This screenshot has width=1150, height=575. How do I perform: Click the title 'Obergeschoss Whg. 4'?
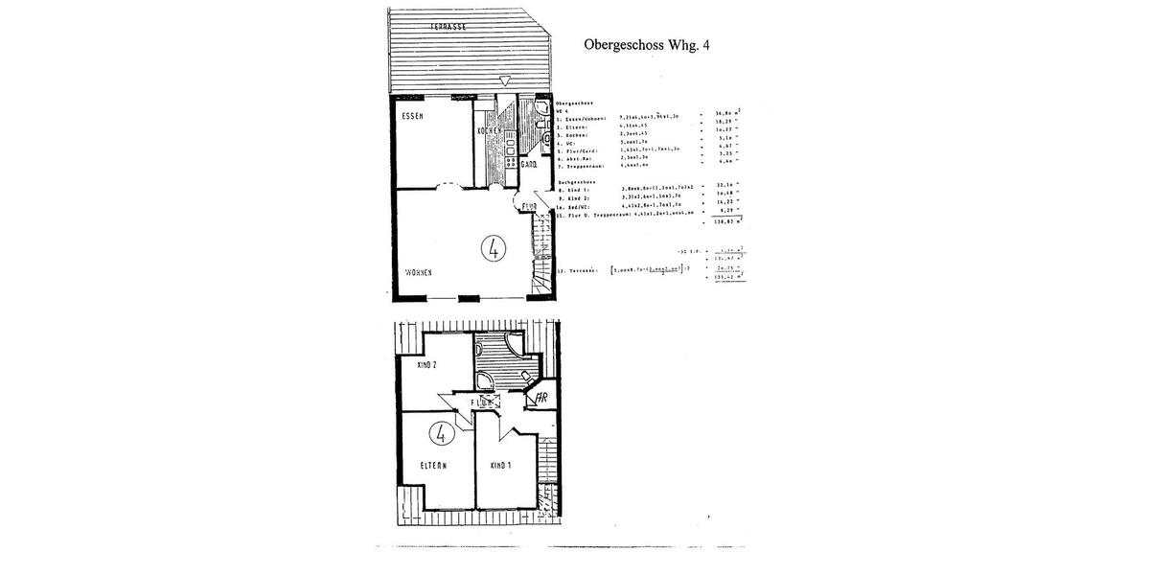[x=659, y=43]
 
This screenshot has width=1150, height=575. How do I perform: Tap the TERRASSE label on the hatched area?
[x=447, y=28]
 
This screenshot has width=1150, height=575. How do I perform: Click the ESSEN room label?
[x=413, y=115]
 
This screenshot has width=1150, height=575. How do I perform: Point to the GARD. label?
[x=527, y=165]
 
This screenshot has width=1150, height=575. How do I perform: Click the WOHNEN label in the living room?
[x=418, y=273]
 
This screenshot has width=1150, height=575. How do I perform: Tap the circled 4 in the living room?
[x=493, y=249]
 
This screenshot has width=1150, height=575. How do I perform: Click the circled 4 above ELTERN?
[x=443, y=433]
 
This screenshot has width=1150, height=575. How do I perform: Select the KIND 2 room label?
[x=426, y=365]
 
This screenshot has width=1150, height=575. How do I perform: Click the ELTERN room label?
[x=434, y=466]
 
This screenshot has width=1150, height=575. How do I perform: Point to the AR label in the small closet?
[x=541, y=397]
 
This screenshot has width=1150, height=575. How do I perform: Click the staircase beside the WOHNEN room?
[x=543, y=249]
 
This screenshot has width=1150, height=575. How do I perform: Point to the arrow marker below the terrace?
[x=506, y=82]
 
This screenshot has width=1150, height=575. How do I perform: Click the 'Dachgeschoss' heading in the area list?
[x=576, y=181]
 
